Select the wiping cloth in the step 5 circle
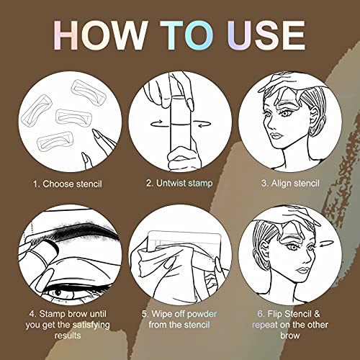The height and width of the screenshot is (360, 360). point(162,263)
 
